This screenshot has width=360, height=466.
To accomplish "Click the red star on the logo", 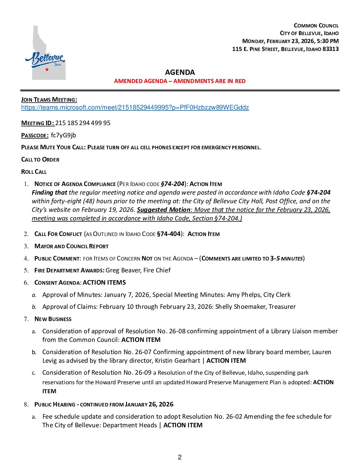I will (47, 70).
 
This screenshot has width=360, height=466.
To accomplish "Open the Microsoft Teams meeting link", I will (135, 108).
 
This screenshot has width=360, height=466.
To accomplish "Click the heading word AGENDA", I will (180, 72).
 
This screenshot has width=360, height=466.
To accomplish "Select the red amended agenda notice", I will (180, 81).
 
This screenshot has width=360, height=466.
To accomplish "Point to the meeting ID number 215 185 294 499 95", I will (83, 123).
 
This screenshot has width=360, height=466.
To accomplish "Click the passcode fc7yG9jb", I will (64, 135).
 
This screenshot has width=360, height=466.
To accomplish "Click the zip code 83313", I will (331, 49).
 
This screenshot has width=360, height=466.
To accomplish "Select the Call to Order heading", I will (40, 160).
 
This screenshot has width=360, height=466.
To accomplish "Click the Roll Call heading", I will (34, 172).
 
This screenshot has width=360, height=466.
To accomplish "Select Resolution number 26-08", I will (177, 331).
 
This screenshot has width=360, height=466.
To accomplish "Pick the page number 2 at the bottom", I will (180, 457).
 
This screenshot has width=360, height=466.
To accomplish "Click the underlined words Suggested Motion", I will (163, 210).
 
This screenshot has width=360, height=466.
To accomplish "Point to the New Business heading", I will (53, 319).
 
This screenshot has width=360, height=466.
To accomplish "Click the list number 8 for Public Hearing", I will (26, 404).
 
